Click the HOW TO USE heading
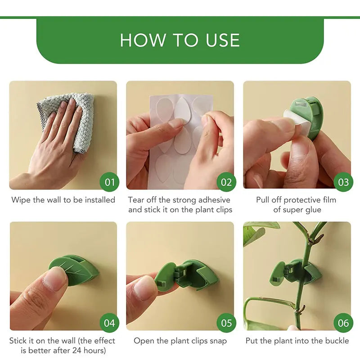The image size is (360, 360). pos(180,40)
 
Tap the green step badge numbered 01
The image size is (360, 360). pos(109,182)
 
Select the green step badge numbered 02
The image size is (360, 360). pos(226,182)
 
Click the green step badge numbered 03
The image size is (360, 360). pos(343,182)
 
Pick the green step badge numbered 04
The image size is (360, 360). pos(109,323)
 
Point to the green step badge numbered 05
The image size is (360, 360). pos(226,323)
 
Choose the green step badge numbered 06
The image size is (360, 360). pos(343,323)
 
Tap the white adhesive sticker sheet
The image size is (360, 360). pos(180,135)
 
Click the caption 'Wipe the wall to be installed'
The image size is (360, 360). pos(63,200)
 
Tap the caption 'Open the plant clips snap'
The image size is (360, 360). pos(180,341)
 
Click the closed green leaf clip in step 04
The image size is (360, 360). pos(79,270)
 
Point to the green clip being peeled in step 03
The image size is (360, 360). pos(310,115)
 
